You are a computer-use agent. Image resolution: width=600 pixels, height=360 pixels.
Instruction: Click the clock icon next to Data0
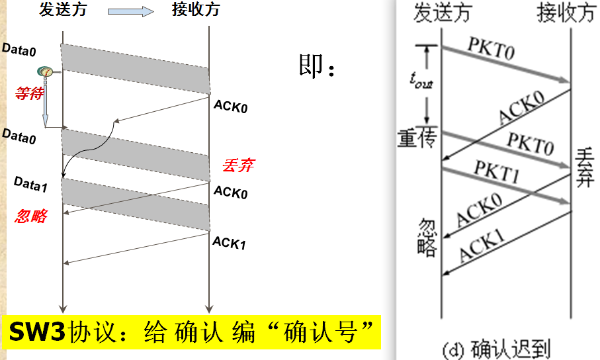click(x=45, y=71)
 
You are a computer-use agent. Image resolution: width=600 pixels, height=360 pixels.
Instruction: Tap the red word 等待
click(x=29, y=94)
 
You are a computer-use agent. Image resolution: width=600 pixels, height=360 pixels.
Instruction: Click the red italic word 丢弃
click(x=238, y=165)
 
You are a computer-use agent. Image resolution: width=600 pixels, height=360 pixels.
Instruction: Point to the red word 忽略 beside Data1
click(x=30, y=216)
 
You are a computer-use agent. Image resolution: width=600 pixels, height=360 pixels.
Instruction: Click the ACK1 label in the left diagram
click(x=229, y=243)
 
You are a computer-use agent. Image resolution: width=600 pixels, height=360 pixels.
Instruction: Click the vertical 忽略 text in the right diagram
click(x=428, y=236)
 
